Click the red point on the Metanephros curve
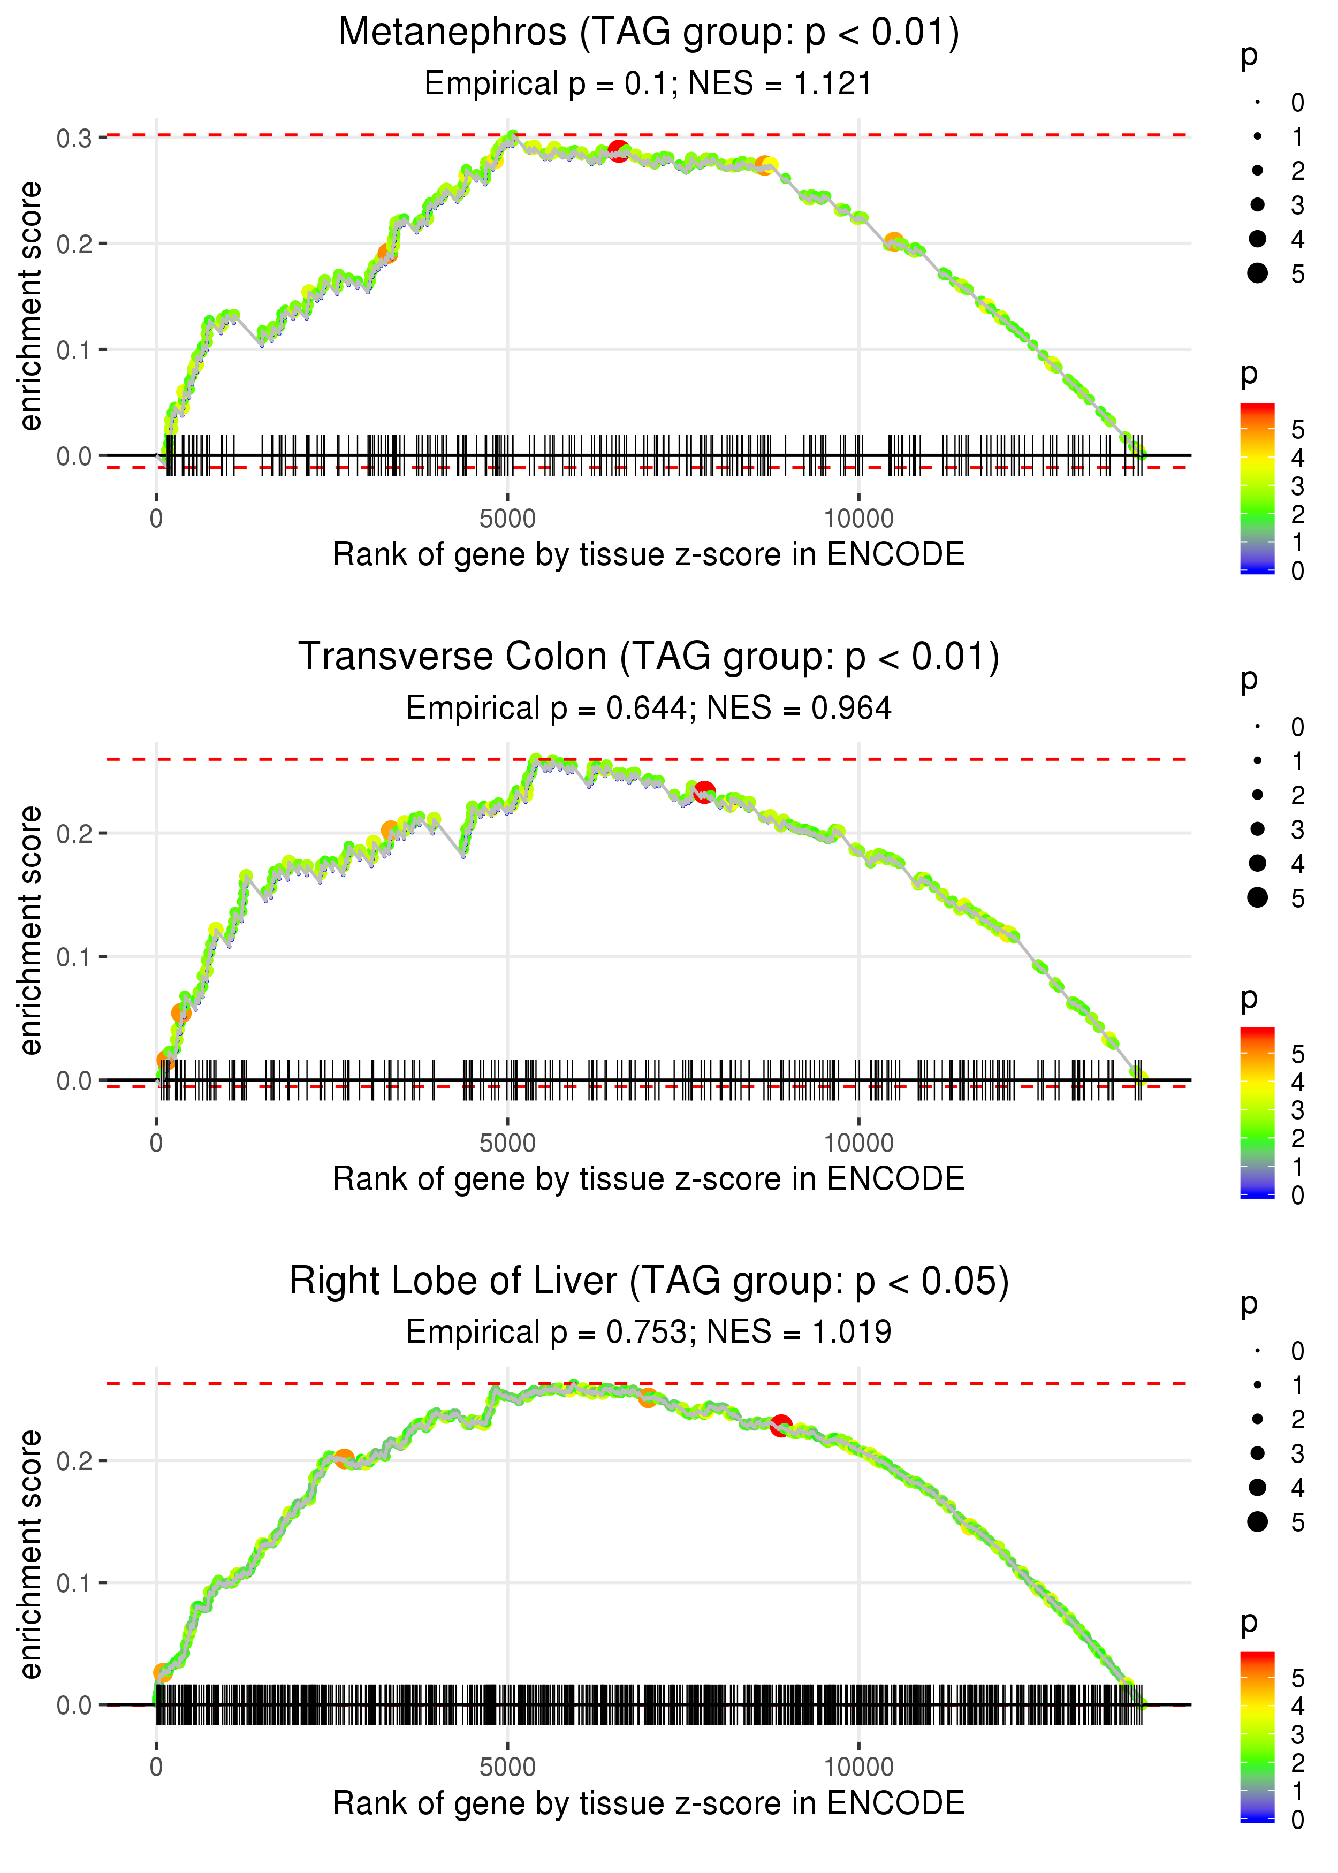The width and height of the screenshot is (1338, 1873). coord(619,151)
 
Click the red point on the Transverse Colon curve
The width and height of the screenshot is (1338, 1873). coord(704,793)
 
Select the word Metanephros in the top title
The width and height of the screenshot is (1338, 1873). coord(452,32)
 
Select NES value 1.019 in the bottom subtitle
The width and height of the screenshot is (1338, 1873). coord(852,1332)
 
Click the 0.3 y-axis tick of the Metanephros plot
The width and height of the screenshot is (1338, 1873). coord(74,138)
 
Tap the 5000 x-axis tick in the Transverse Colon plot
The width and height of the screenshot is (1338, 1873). coord(507,1143)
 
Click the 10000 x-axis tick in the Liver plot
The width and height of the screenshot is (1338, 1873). coord(858,1768)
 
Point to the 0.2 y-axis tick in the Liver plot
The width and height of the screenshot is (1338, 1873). coord(74,1461)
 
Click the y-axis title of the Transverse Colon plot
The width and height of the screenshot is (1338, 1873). coord(31,931)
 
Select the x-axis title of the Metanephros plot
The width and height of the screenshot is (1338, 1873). coord(649,554)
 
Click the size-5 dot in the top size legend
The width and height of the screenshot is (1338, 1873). coord(1257,272)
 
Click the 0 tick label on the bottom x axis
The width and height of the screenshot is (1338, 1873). coord(156,1768)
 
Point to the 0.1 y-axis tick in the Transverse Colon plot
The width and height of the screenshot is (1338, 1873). coord(74,957)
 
